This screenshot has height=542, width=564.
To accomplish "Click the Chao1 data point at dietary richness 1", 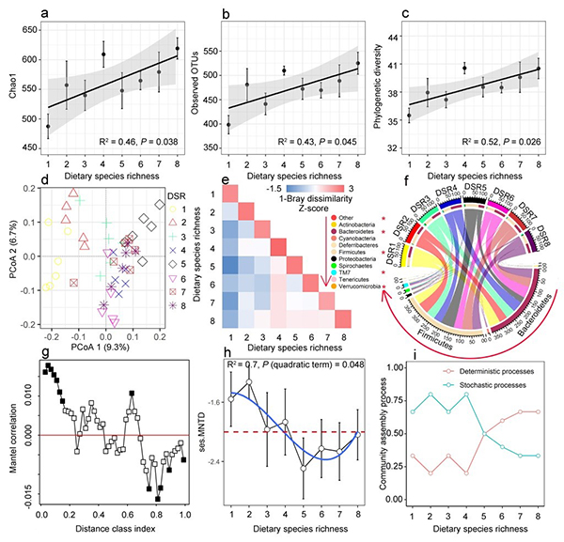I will pos(48,125).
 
